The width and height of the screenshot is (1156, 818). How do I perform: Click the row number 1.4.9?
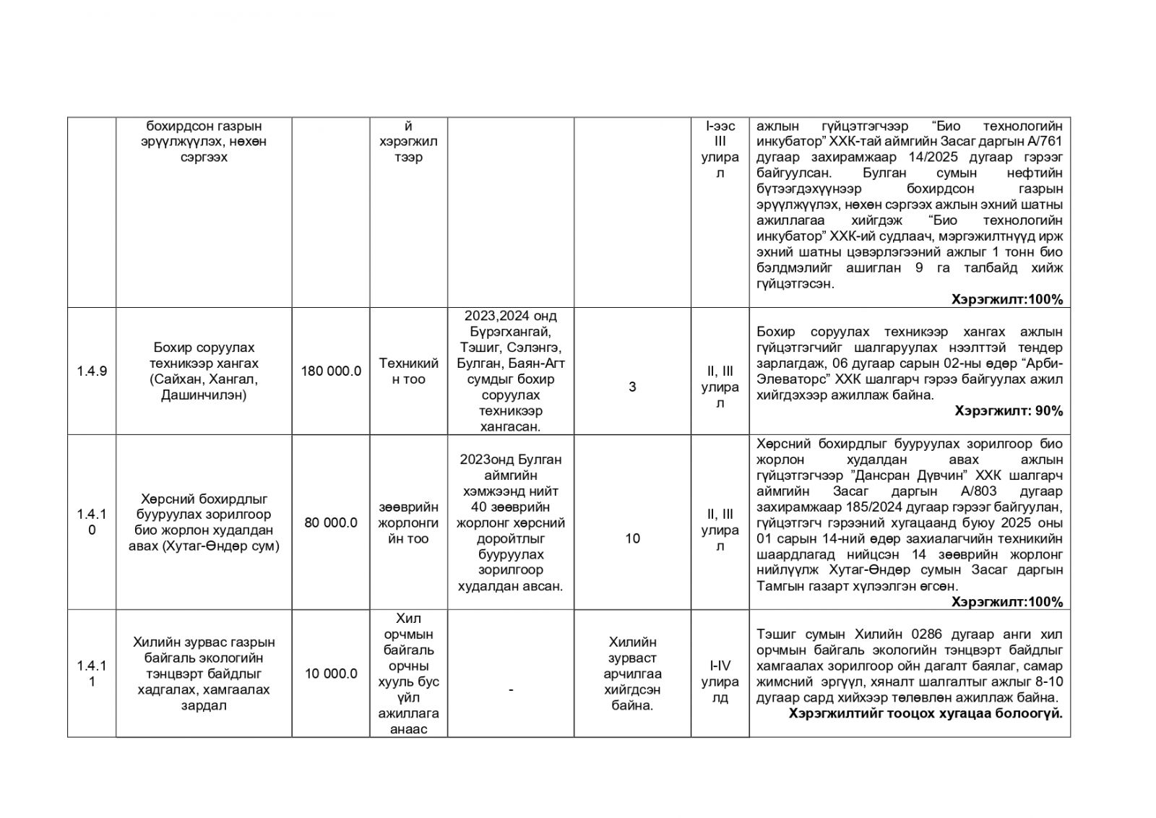(x=92, y=371)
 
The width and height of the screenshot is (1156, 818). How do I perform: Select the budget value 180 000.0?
(x=331, y=371)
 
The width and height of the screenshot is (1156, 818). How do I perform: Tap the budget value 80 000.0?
(x=331, y=522)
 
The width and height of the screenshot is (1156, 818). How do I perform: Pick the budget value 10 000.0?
(x=331, y=673)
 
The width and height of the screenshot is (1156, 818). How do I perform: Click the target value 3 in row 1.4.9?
(x=632, y=387)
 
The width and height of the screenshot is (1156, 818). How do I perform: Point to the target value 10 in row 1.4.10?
(x=632, y=538)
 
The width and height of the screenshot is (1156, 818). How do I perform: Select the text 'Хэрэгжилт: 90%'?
(x=1008, y=411)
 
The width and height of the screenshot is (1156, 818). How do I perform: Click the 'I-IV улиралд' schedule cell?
(x=720, y=681)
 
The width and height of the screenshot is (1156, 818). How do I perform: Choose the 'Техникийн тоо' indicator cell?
(x=408, y=371)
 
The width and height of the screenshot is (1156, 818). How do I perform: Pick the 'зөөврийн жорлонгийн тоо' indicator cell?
(x=408, y=522)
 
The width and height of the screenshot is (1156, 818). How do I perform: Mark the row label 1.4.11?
(x=92, y=673)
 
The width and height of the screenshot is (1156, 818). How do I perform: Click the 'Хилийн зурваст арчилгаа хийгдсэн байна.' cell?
(x=632, y=673)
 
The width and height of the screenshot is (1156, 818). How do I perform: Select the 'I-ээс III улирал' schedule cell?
(x=720, y=150)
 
